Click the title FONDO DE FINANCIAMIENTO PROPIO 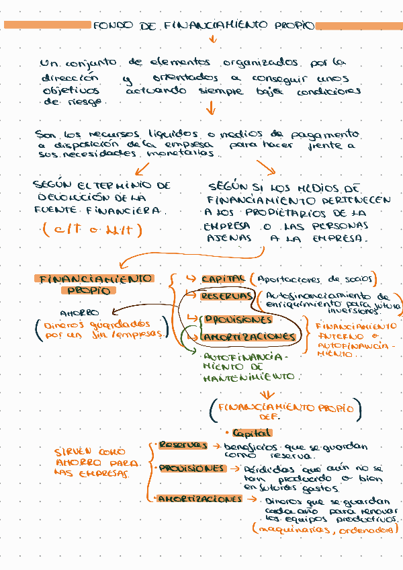(x=204, y=26)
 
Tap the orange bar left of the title (x=47, y=25)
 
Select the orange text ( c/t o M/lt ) (x=92, y=231)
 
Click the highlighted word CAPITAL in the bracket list (x=223, y=278)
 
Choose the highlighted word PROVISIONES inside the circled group (x=238, y=319)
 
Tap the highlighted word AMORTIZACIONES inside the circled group (x=249, y=335)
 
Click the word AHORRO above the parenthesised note (x=79, y=313)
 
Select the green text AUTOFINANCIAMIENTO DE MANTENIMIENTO (x=247, y=366)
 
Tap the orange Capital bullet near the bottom (x=251, y=434)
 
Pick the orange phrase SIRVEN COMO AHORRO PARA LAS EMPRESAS (x=97, y=462)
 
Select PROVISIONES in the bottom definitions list (x=191, y=468)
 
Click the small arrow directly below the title (x=214, y=39)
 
